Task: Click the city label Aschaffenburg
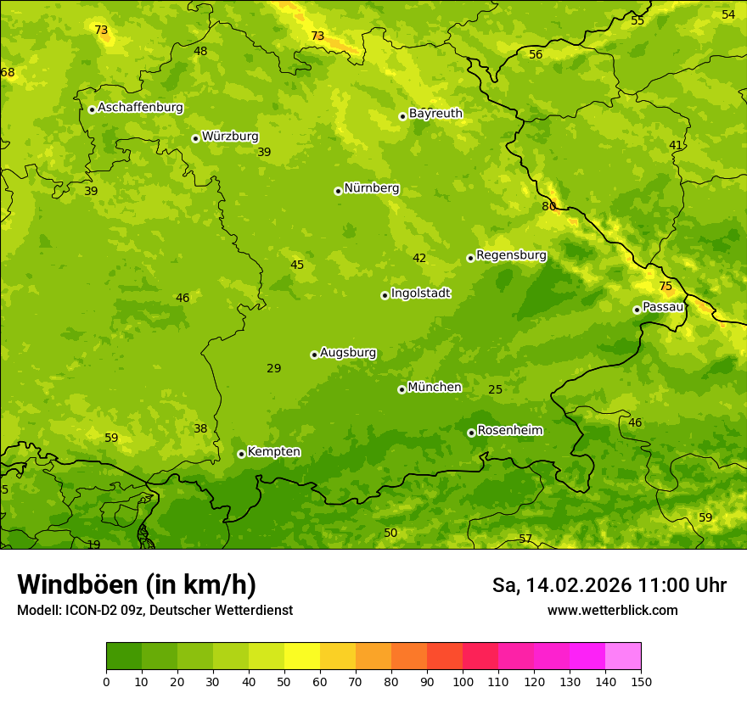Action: click(140, 108)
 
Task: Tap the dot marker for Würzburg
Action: click(195, 138)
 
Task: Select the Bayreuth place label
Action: click(435, 114)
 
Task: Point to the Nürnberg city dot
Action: click(338, 191)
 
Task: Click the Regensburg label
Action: click(511, 255)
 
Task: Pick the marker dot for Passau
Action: click(637, 310)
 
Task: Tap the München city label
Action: click(435, 388)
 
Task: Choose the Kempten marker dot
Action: click(241, 454)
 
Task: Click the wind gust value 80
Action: click(549, 206)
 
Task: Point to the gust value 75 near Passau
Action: click(666, 287)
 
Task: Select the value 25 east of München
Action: click(496, 390)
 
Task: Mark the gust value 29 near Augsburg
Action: click(274, 369)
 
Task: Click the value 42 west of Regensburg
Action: click(419, 259)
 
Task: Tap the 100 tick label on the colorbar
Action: click(463, 681)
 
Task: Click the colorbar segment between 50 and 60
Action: click(302, 657)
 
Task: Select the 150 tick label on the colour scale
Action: click(641, 681)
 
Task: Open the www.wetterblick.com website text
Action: click(612, 611)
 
